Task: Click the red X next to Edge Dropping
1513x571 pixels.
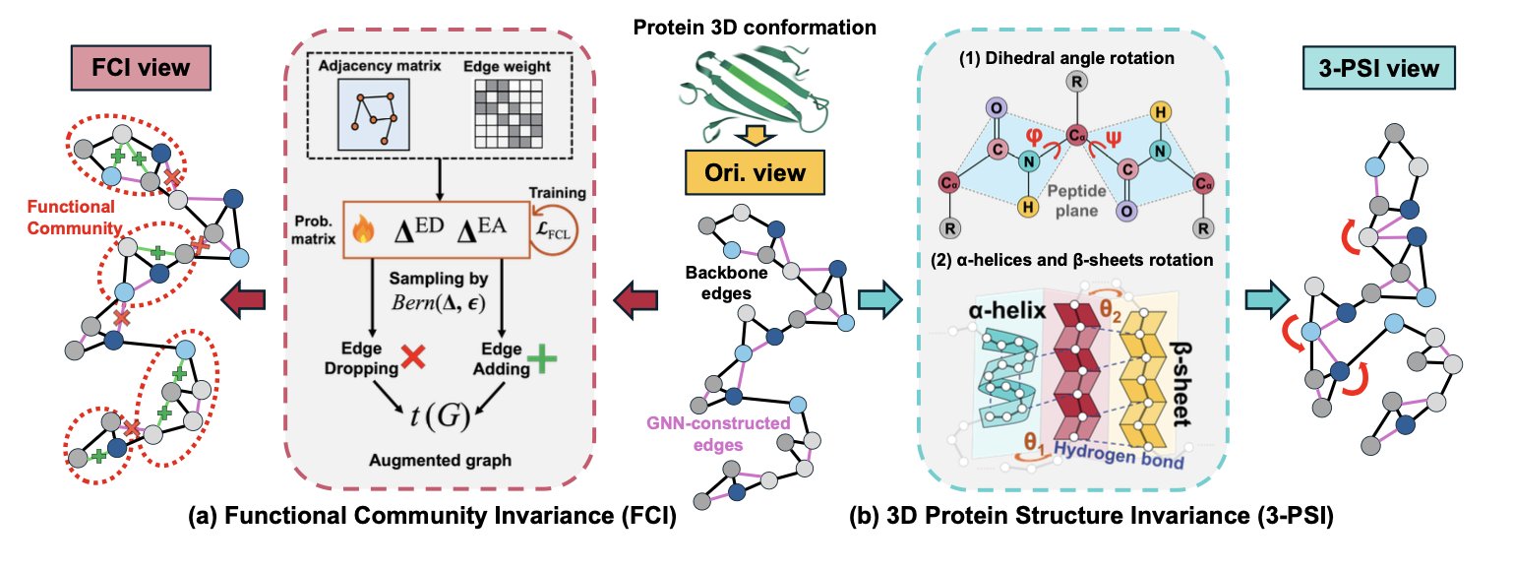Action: click(x=414, y=359)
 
